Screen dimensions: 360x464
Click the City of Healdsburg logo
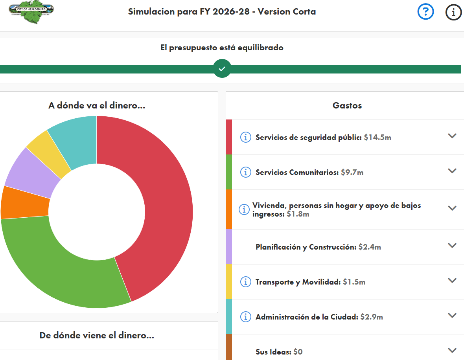(31, 12)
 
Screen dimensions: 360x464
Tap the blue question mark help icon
(425, 12)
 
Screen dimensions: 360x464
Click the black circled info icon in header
(453, 12)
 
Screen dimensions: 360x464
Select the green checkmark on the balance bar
(222, 69)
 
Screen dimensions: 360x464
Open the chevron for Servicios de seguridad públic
(452, 136)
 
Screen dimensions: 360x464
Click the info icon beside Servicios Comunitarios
(245, 172)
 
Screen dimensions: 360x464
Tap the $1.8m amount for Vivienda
(298, 214)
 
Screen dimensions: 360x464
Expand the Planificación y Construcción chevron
(452, 245)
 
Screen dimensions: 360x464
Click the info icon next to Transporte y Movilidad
(245, 282)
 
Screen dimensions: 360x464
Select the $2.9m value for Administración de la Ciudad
(372, 317)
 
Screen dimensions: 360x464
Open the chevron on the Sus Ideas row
(452, 350)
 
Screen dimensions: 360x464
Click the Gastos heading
(347, 105)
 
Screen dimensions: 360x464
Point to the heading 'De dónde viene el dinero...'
(97, 335)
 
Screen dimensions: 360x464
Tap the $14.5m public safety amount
(377, 138)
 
